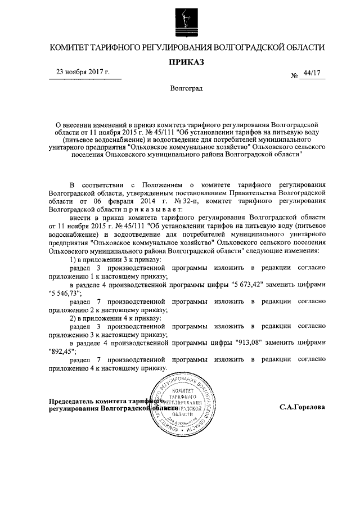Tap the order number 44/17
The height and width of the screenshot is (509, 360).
click(312, 73)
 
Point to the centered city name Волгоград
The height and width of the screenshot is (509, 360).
click(185, 89)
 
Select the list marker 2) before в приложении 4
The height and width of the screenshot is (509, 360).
click(73, 317)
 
